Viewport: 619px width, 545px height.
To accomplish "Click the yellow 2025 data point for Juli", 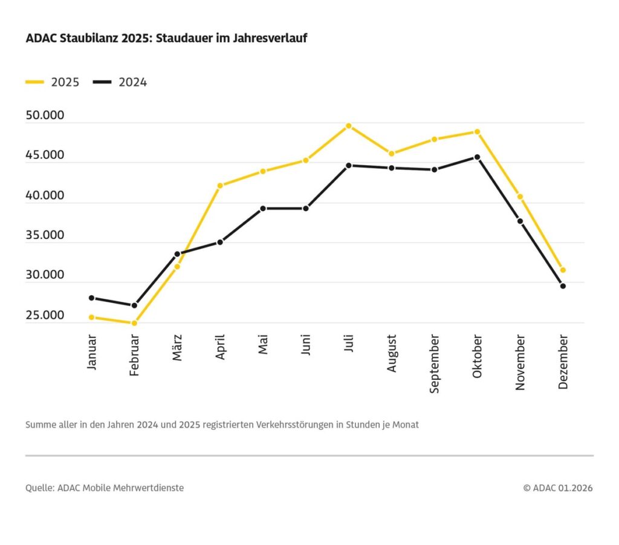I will [349, 126].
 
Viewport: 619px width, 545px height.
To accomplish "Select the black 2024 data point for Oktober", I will [477, 157].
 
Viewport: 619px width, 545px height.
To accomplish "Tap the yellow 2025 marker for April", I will [220, 186].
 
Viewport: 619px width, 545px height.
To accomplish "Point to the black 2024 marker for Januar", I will [92, 298].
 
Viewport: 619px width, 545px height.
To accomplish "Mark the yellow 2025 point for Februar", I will [134, 323].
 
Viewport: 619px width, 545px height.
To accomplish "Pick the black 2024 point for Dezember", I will [563, 286].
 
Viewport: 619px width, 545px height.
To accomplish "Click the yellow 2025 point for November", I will [520, 197].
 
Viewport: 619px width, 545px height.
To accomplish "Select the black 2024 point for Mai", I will [263, 208].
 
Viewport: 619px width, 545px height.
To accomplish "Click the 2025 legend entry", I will [53, 82].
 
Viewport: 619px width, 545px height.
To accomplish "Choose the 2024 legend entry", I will [121, 82].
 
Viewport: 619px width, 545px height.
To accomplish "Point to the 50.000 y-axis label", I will [45, 115].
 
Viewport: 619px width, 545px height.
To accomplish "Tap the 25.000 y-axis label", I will [45, 315].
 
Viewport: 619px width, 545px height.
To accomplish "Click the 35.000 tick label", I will [45, 235].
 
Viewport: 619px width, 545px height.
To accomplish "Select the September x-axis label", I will [435, 364].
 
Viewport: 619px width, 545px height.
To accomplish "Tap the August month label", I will [392, 353].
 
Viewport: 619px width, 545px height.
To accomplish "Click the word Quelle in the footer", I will [39, 488].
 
